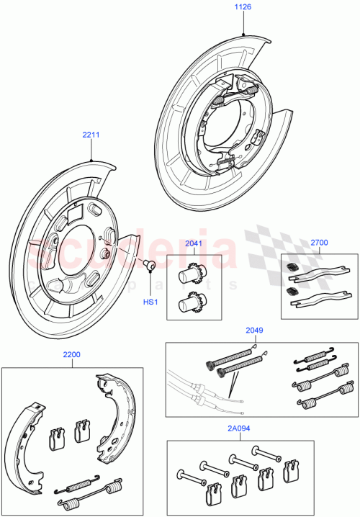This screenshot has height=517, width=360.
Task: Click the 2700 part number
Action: tap(319, 243)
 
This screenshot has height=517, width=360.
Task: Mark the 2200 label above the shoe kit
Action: tap(71, 355)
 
